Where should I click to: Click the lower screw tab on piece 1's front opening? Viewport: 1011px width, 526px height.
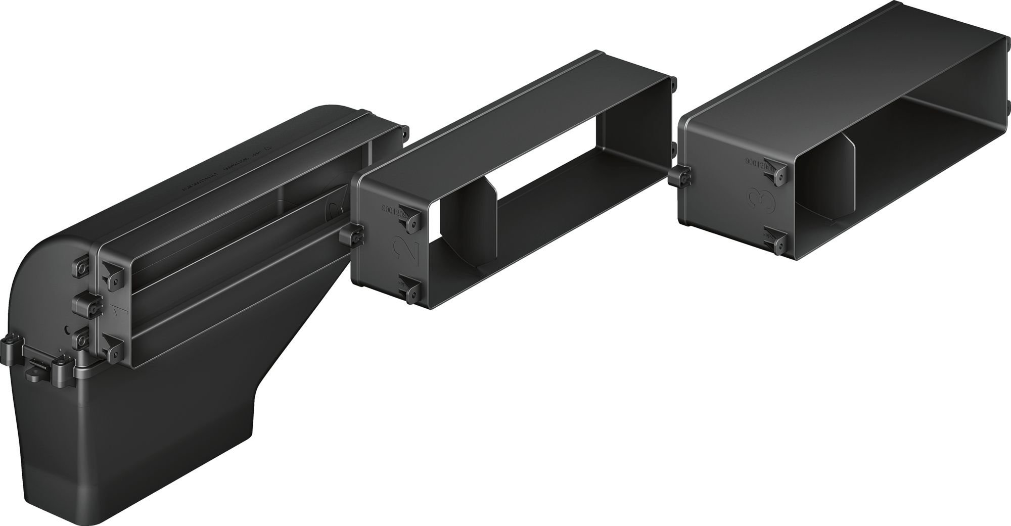[x=112, y=349]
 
